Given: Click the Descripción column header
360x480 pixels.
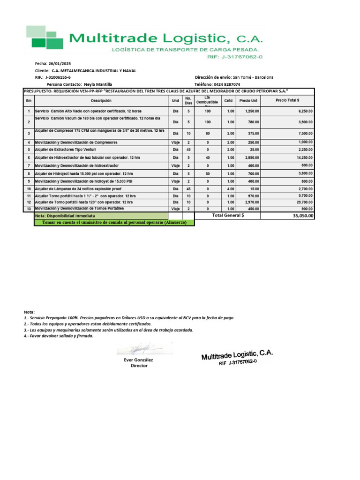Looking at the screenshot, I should coord(101,101).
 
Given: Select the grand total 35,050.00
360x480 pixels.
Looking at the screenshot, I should coord(302,216).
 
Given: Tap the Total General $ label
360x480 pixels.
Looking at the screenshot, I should coord(228,215).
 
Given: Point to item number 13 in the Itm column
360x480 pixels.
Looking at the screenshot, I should coord(29,209).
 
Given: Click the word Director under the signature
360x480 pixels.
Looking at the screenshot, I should coord(139,366).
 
